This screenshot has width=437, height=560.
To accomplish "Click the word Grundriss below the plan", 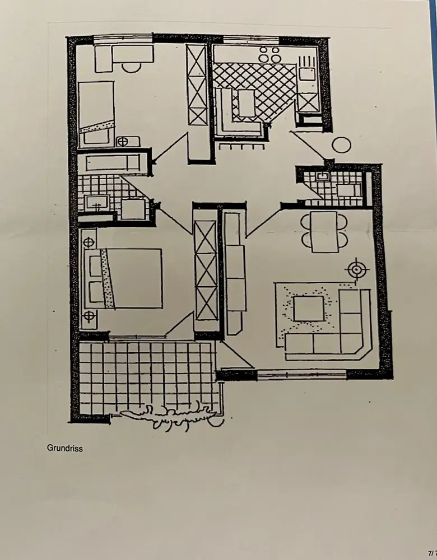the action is [x=64, y=448].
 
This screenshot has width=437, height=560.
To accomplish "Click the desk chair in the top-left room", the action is [x=132, y=67].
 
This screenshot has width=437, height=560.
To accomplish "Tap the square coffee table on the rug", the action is [x=309, y=309].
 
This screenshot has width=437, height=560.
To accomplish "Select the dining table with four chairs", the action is [x=324, y=231].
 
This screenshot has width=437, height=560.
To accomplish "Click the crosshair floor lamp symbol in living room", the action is [x=356, y=270].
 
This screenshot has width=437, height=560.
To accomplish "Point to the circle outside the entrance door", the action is [x=341, y=145].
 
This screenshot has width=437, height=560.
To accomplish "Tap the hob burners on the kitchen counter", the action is [x=269, y=54].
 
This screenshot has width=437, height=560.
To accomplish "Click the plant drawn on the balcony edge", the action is [x=168, y=416].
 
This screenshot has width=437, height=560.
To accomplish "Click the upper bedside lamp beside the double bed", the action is [x=89, y=243].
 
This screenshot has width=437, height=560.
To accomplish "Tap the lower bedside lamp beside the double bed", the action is [x=89, y=317].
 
